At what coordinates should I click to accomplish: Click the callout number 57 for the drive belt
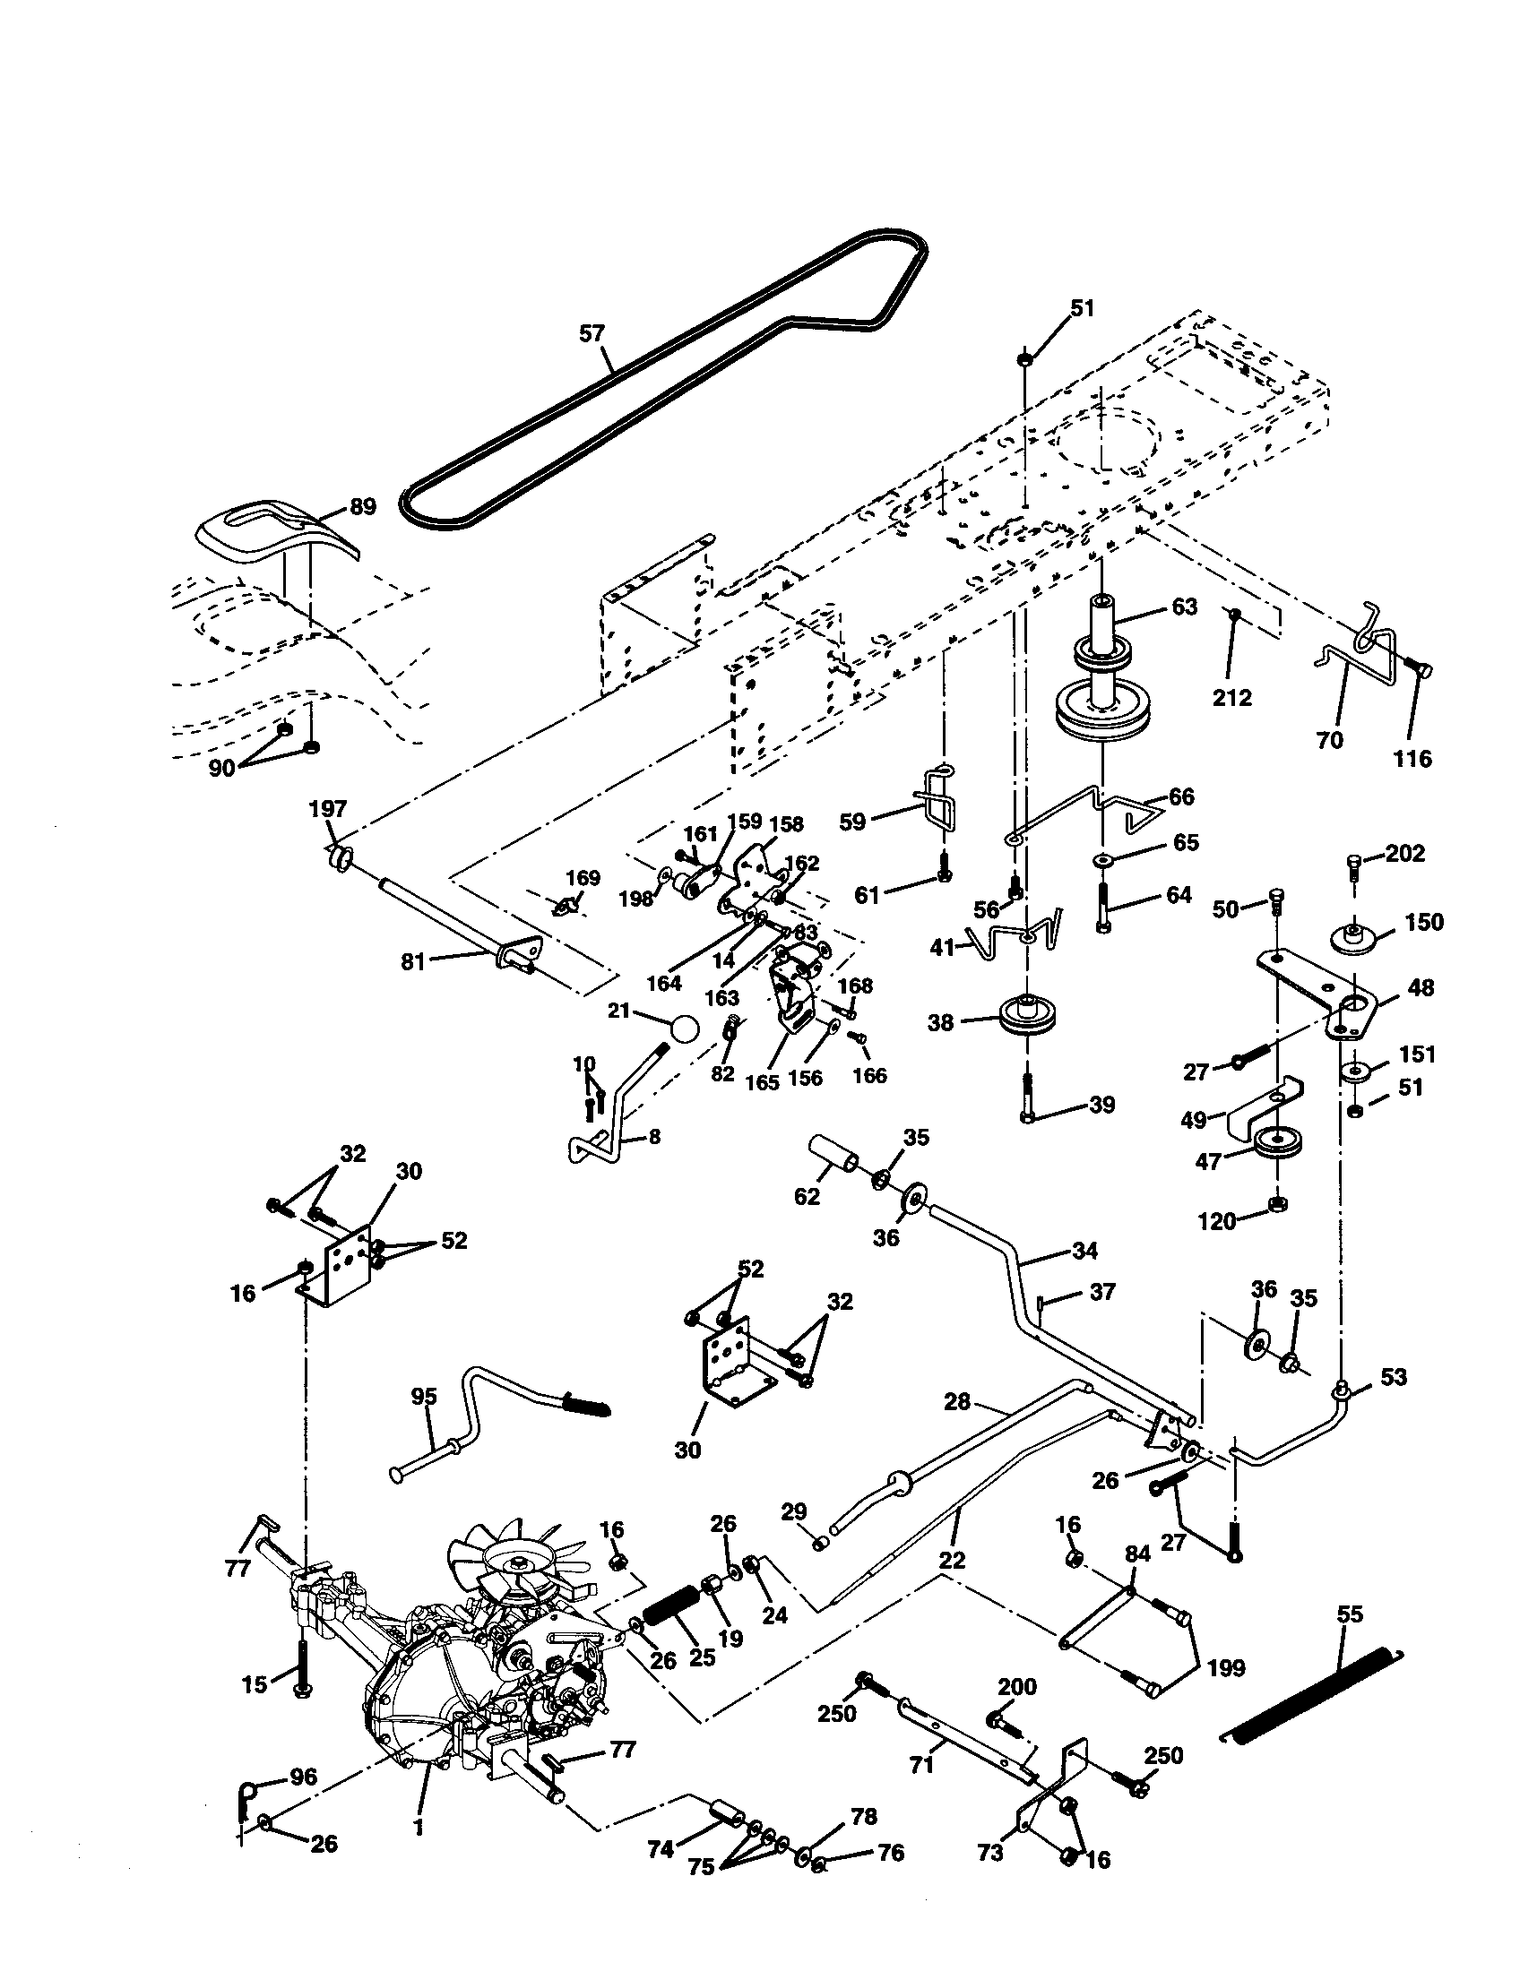592,334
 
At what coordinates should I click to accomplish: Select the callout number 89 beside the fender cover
362,506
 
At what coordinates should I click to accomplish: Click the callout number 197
328,808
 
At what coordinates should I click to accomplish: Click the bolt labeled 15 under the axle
299,1670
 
